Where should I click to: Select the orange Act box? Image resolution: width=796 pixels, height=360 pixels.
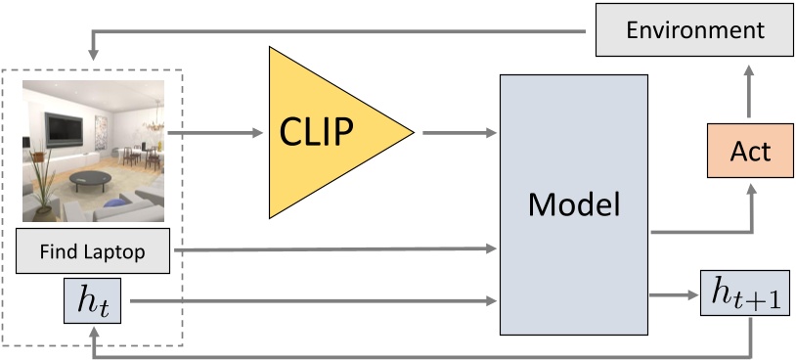(750, 152)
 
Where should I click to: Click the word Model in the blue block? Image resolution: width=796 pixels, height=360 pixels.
(574, 204)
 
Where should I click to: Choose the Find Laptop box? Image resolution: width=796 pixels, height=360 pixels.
(93, 252)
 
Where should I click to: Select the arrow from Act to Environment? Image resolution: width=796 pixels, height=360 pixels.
(750, 93)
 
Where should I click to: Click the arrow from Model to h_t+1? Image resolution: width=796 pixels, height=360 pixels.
(675, 292)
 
